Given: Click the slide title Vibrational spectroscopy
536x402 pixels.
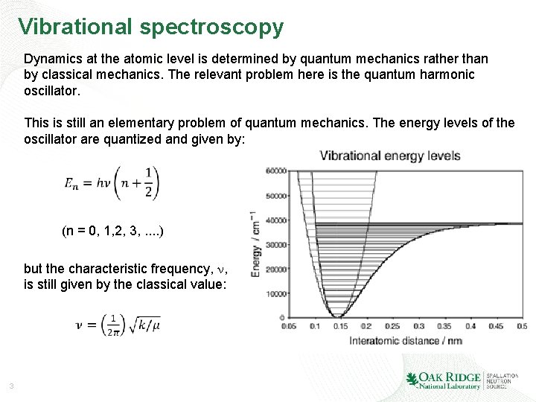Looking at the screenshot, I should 151,27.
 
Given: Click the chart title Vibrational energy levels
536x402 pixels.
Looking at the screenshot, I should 390,156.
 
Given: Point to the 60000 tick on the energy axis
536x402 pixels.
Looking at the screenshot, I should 276,171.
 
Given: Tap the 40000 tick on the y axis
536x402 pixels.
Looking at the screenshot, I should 276,220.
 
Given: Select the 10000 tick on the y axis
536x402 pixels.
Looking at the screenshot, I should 276,293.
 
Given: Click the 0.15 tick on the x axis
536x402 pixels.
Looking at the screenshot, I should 339,326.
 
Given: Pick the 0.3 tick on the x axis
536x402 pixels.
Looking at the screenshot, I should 418,326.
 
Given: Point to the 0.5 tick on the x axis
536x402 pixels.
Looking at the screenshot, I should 521,326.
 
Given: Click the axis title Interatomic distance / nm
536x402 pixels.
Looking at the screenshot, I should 405,340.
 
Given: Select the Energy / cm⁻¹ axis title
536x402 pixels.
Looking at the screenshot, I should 255,243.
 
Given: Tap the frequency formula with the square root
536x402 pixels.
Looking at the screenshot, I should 118,324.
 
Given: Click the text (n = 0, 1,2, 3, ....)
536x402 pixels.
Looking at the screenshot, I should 112,232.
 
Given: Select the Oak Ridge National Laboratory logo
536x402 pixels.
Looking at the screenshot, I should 444,380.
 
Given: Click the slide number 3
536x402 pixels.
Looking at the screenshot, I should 12,386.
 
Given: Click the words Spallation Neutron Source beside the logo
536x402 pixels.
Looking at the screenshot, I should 502,380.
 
